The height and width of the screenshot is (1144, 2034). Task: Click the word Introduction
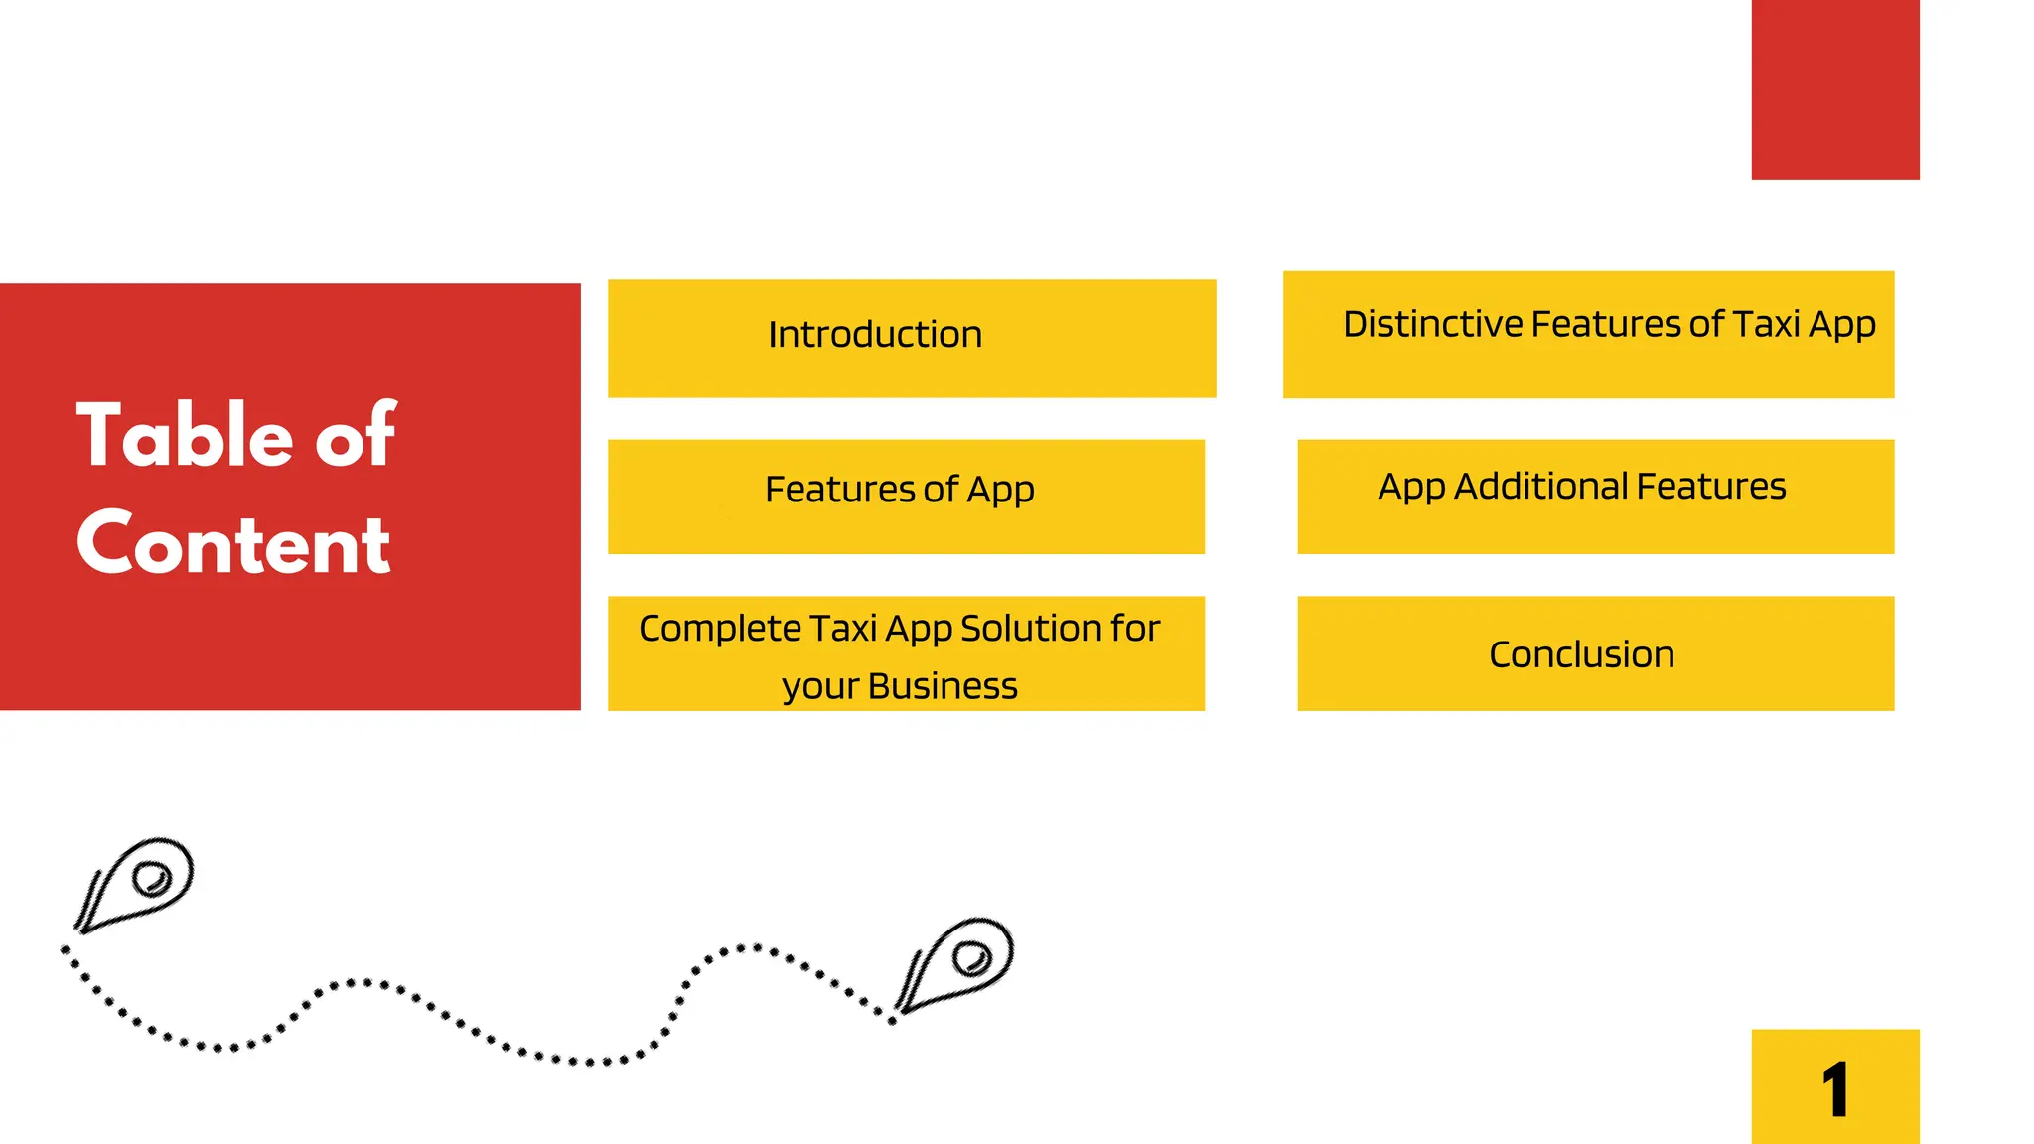click(875, 335)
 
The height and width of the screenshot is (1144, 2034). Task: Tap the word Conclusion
click(1581, 655)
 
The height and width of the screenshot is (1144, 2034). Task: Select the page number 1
click(1835, 1090)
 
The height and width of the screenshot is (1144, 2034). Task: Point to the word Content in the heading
click(234, 544)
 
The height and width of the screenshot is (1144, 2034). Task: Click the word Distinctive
click(1432, 325)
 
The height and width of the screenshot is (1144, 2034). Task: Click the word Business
click(943, 686)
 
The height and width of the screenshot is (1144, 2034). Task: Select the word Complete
click(720, 629)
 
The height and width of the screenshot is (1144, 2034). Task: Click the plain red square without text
click(1835, 89)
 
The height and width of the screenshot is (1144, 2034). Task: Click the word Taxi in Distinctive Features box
click(1767, 325)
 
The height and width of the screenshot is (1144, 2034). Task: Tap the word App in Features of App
click(1000, 491)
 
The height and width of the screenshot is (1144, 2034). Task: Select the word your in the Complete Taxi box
click(819, 687)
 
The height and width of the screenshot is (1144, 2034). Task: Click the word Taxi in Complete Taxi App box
click(842, 629)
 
